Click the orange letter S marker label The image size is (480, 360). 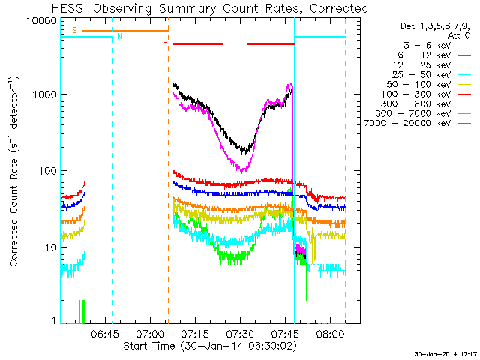(x=74, y=30)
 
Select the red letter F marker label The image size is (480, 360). (x=165, y=43)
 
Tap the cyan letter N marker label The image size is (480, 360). (x=118, y=37)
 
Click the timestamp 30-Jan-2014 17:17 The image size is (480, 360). (x=445, y=353)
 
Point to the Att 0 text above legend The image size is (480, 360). (x=460, y=35)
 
